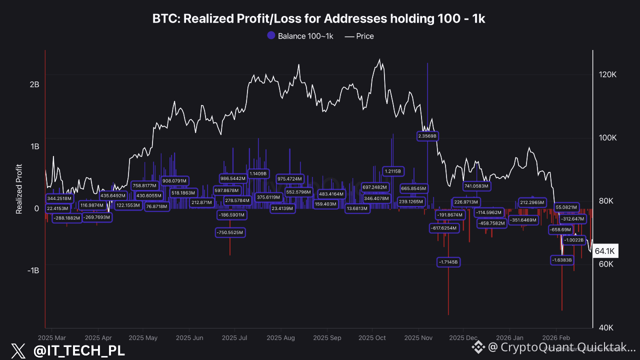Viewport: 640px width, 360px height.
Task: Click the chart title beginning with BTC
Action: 319,19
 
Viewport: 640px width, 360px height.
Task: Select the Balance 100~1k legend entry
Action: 300,36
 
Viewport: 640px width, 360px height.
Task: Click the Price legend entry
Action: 359,36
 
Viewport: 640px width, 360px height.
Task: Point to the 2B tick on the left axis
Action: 34,84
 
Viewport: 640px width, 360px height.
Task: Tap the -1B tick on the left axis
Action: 33,270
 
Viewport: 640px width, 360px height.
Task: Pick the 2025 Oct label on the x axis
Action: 372,338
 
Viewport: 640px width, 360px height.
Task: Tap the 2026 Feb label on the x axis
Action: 556,338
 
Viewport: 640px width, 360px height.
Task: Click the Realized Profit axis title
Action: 19,189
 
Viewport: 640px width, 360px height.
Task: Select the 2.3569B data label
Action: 427,135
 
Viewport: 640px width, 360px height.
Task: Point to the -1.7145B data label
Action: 448,262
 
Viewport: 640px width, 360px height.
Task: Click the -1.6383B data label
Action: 561,260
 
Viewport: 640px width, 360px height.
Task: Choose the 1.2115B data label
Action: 393,171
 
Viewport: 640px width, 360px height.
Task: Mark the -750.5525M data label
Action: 230,232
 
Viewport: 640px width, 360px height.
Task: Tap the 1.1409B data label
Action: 258,173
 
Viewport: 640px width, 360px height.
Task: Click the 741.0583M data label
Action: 476,186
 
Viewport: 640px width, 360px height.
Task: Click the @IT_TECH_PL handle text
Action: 79,350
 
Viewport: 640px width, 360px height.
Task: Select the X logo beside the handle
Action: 18,350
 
